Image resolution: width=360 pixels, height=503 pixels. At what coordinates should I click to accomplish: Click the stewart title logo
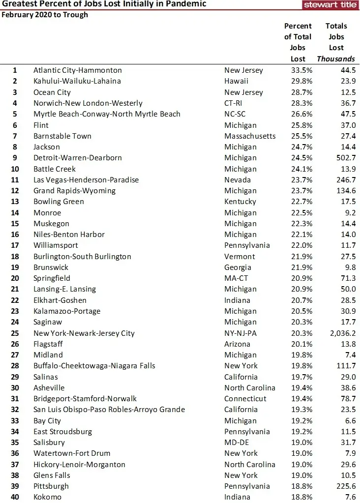point(330,4)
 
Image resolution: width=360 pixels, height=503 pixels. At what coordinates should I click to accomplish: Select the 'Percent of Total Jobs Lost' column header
point(298,42)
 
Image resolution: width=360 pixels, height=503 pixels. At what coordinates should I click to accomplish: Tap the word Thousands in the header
point(336,59)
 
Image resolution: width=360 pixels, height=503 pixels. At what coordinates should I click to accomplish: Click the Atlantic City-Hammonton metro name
point(77,70)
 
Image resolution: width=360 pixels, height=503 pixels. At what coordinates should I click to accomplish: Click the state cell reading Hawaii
point(236,81)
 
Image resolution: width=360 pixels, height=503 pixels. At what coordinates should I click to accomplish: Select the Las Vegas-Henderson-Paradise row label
point(86,179)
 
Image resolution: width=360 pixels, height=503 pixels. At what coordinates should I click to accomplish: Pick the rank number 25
point(15,333)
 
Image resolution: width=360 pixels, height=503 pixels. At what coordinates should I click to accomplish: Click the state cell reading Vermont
point(240,256)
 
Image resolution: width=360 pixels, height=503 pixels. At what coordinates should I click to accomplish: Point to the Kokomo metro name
point(47,497)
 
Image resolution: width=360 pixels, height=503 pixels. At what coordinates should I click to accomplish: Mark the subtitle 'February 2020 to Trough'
point(45,14)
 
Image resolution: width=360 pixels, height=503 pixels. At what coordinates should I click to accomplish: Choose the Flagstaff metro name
point(50,344)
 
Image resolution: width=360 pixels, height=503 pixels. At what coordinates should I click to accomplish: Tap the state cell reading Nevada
point(238,179)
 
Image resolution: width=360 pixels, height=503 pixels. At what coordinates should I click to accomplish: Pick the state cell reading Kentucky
point(240,202)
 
